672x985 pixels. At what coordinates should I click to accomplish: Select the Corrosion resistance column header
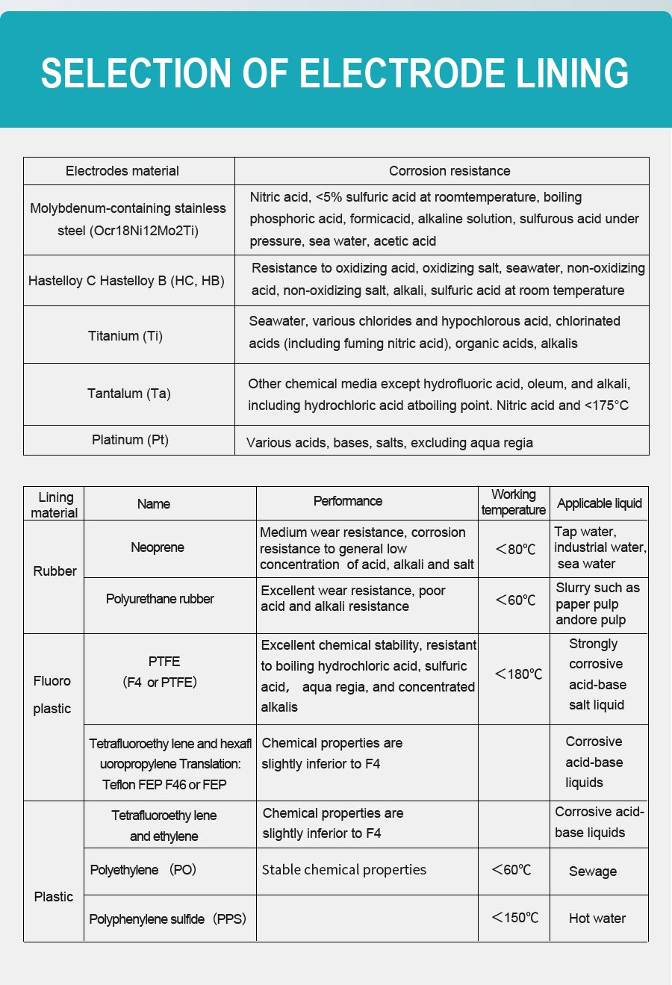pyautogui.click(x=449, y=171)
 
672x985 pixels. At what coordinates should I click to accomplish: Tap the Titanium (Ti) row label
pyautogui.click(x=125, y=336)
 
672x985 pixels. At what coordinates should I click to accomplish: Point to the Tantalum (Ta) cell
pyautogui.click(x=129, y=394)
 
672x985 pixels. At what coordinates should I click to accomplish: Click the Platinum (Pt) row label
pyautogui.click(x=130, y=440)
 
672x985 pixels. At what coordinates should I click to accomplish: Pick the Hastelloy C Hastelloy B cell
pyautogui.click(x=126, y=281)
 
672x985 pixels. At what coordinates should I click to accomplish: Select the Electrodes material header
pyautogui.click(x=122, y=171)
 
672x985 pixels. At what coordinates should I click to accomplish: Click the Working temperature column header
pyautogui.click(x=514, y=502)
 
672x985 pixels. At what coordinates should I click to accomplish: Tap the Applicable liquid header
pyautogui.click(x=600, y=503)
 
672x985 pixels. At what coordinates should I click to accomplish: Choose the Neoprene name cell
pyautogui.click(x=158, y=547)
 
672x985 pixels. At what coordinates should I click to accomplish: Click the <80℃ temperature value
pyautogui.click(x=515, y=550)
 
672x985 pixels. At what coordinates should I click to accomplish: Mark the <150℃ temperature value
pyautogui.click(x=514, y=918)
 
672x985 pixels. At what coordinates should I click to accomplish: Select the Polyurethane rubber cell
pyautogui.click(x=160, y=599)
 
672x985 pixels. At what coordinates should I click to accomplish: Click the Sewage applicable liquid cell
pyautogui.click(x=593, y=871)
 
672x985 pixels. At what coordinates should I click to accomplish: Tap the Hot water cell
pyautogui.click(x=597, y=919)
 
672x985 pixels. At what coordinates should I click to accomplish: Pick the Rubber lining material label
pyautogui.click(x=55, y=571)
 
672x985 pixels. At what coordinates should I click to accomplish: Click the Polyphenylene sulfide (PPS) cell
pyautogui.click(x=167, y=919)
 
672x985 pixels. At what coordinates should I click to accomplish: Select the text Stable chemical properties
pyautogui.click(x=344, y=870)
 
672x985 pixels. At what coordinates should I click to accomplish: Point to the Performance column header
pyautogui.click(x=348, y=501)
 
